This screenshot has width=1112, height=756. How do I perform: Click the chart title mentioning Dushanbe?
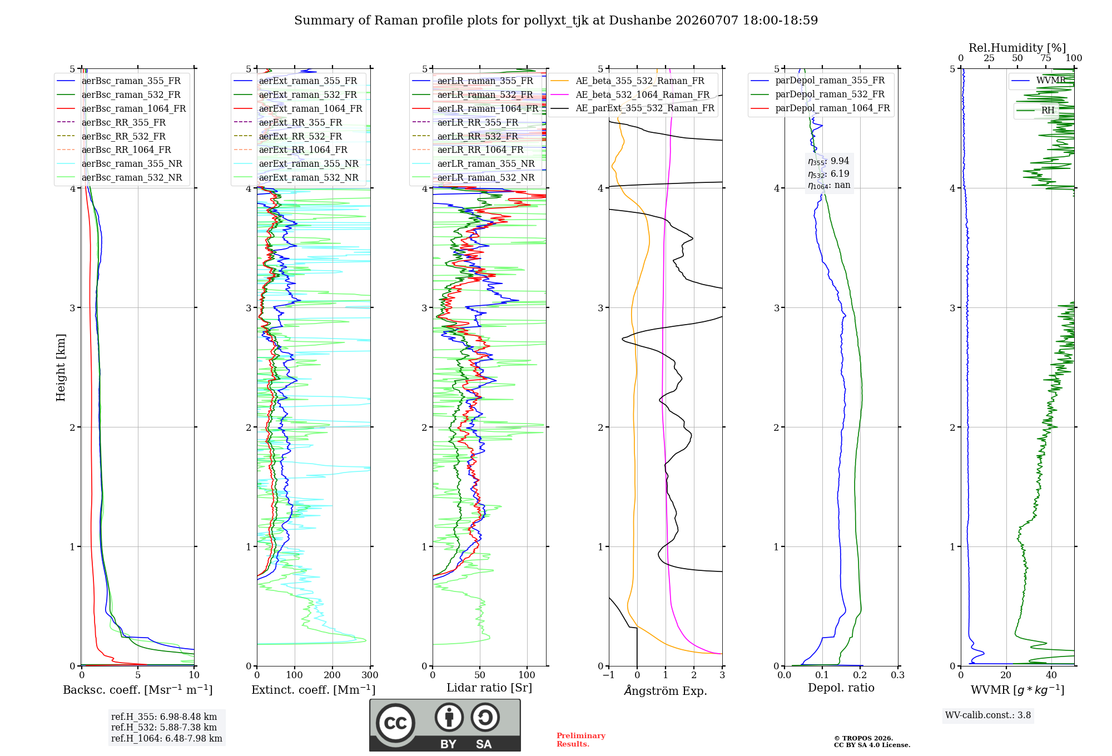(x=556, y=21)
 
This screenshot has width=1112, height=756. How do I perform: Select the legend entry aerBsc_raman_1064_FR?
(x=133, y=108)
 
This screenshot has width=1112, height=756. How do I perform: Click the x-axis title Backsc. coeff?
(x=138, y=689)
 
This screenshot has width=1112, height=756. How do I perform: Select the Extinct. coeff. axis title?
(x=314, y=689)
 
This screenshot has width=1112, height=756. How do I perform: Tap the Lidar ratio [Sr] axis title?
(x=489, y=688)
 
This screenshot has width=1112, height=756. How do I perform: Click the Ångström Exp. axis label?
(x=666, y=690)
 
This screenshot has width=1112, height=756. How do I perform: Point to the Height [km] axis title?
(x=61, y=367)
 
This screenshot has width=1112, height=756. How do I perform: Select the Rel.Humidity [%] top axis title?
(x=1017, y=48)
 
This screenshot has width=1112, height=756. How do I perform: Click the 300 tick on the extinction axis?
(x=370, y=675)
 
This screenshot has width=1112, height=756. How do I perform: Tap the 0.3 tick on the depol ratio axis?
(x=897, y=675)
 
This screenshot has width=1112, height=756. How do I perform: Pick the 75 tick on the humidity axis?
(x=1046, y=58)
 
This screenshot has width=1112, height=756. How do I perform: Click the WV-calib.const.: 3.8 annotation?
(x=988, y=715)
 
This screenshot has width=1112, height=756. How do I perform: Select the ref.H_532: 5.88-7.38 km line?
(x=164, y=727)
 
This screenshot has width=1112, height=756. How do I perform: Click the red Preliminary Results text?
(x=581, y=740)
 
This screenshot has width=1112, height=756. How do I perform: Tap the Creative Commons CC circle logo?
(x=395, y=723)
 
